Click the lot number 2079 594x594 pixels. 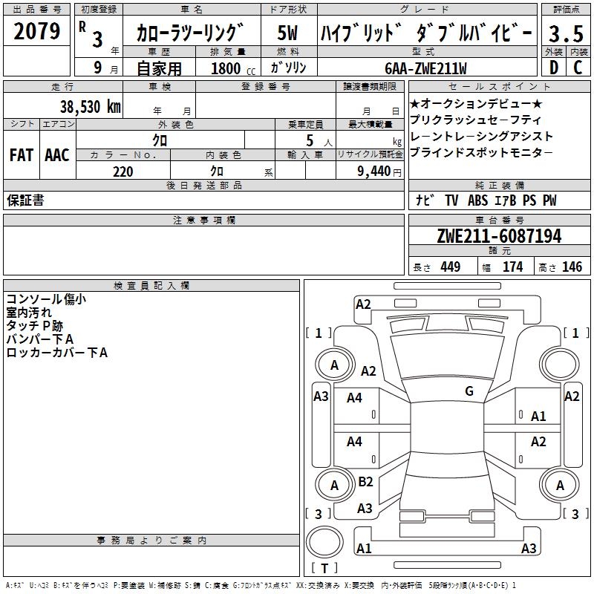[x=37, y=31]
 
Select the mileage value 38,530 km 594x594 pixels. [x=91, y=106]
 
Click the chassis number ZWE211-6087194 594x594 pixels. [x=498, y=236]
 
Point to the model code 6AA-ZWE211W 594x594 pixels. [x=425, y=68]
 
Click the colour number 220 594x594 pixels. [x=123, y=172]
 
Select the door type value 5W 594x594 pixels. [x=288, y=33]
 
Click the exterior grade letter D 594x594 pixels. [x=553, y=68]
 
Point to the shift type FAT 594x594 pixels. [x=22, y=155]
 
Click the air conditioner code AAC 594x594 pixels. [x=57, y=155]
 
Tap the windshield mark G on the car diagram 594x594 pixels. [x=469, y=391]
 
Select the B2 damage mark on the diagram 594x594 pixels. [x=365, y=482]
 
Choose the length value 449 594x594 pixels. [x=450, y=267]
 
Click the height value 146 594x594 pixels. [x=572, y=267]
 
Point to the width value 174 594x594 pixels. [x=512, y=267]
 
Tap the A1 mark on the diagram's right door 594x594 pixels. [x=538, y=417]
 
